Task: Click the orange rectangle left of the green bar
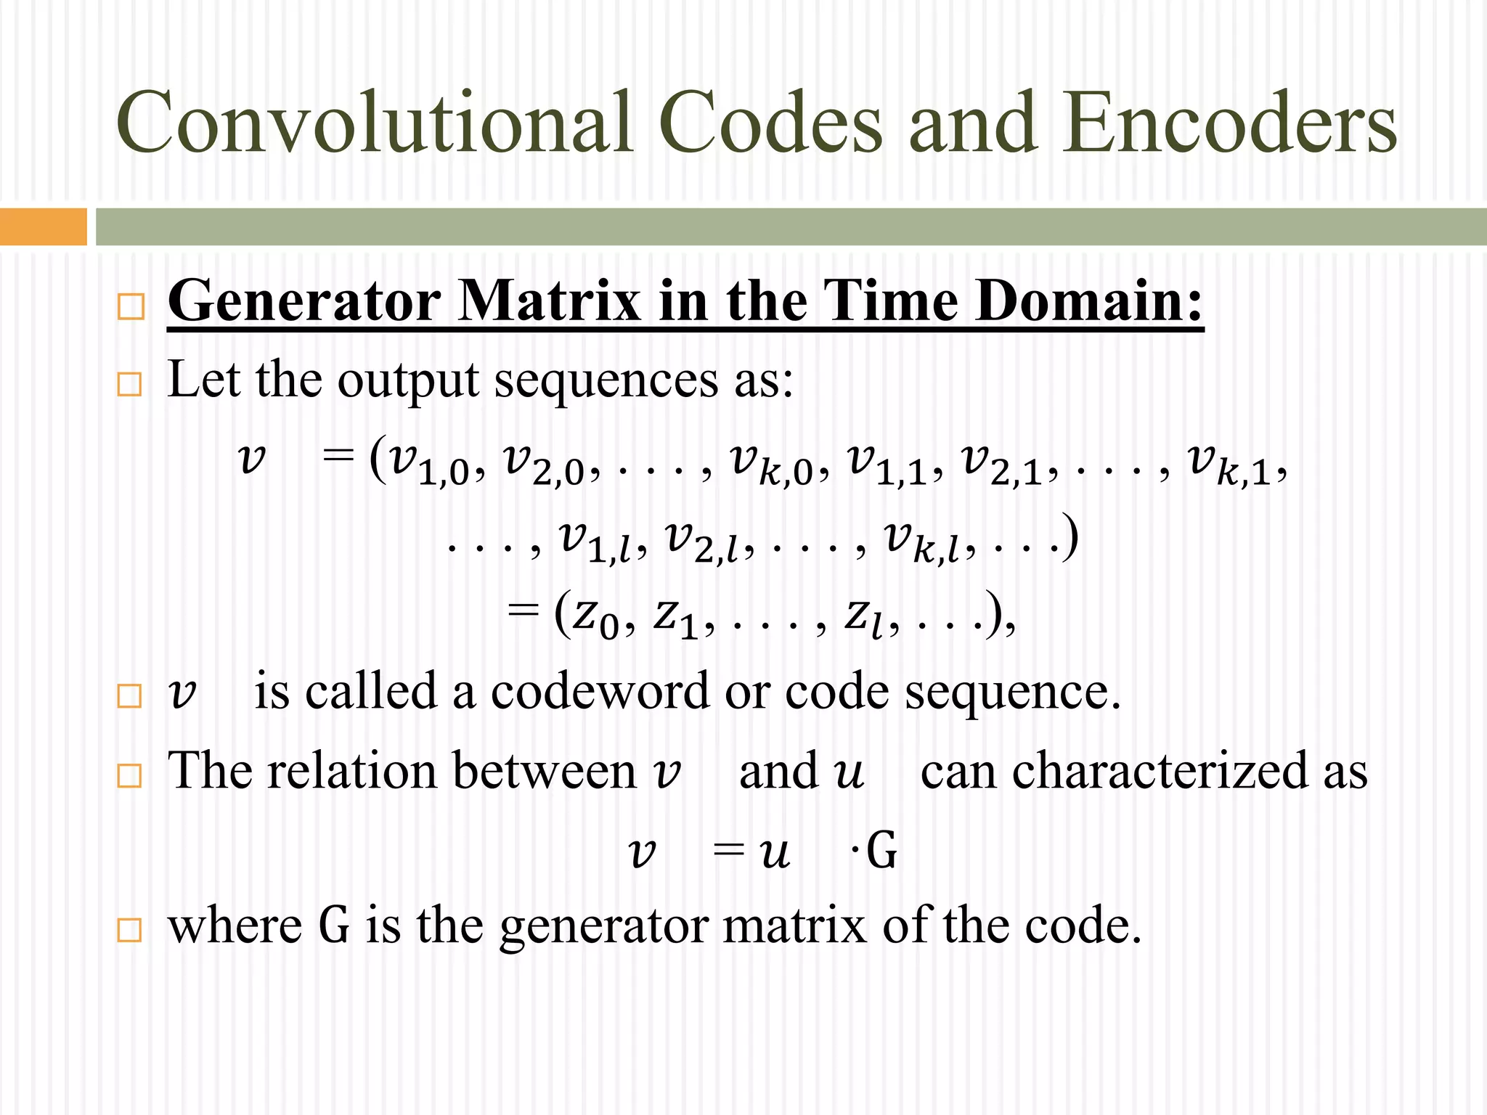[x=43, y=226]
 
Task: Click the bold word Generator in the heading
[x=304, y=301]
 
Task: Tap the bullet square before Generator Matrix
[x=131, y=306]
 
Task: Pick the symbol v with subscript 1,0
[x=429, y=465]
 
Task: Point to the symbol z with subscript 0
[x=595, y=618]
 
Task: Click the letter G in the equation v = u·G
[x=881, y=851]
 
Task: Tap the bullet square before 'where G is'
[x=130, y=930]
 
